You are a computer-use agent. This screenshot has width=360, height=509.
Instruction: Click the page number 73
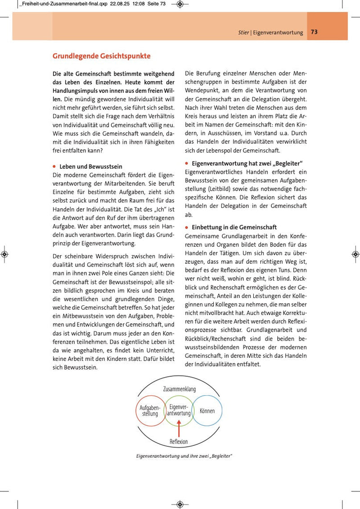click(x=314, y=32)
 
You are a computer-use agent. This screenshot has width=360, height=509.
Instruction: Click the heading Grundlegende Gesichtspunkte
click(x=101, y=56)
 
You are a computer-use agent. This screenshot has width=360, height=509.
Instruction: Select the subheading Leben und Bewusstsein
click(x=90, y=167)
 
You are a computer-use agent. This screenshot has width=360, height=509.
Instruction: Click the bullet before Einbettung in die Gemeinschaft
click(x=187, y=227)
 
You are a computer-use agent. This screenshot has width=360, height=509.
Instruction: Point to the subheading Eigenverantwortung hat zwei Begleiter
click(x=247, y=162)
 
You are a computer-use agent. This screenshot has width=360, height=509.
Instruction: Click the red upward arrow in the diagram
click(x=179, y=427)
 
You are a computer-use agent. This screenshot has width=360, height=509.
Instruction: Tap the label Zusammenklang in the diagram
click(x=179, y=389)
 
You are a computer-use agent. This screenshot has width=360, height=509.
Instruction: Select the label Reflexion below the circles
click(x=179, y=441)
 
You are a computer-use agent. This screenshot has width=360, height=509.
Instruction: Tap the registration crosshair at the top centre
click(x=180, y=5)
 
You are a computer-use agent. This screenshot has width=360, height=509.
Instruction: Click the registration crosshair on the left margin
click(x=4, y=254)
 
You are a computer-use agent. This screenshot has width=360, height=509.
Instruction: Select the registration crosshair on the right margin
click(x=355, y=254)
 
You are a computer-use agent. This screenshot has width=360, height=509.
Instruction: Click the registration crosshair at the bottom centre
click(x=180, y=504)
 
